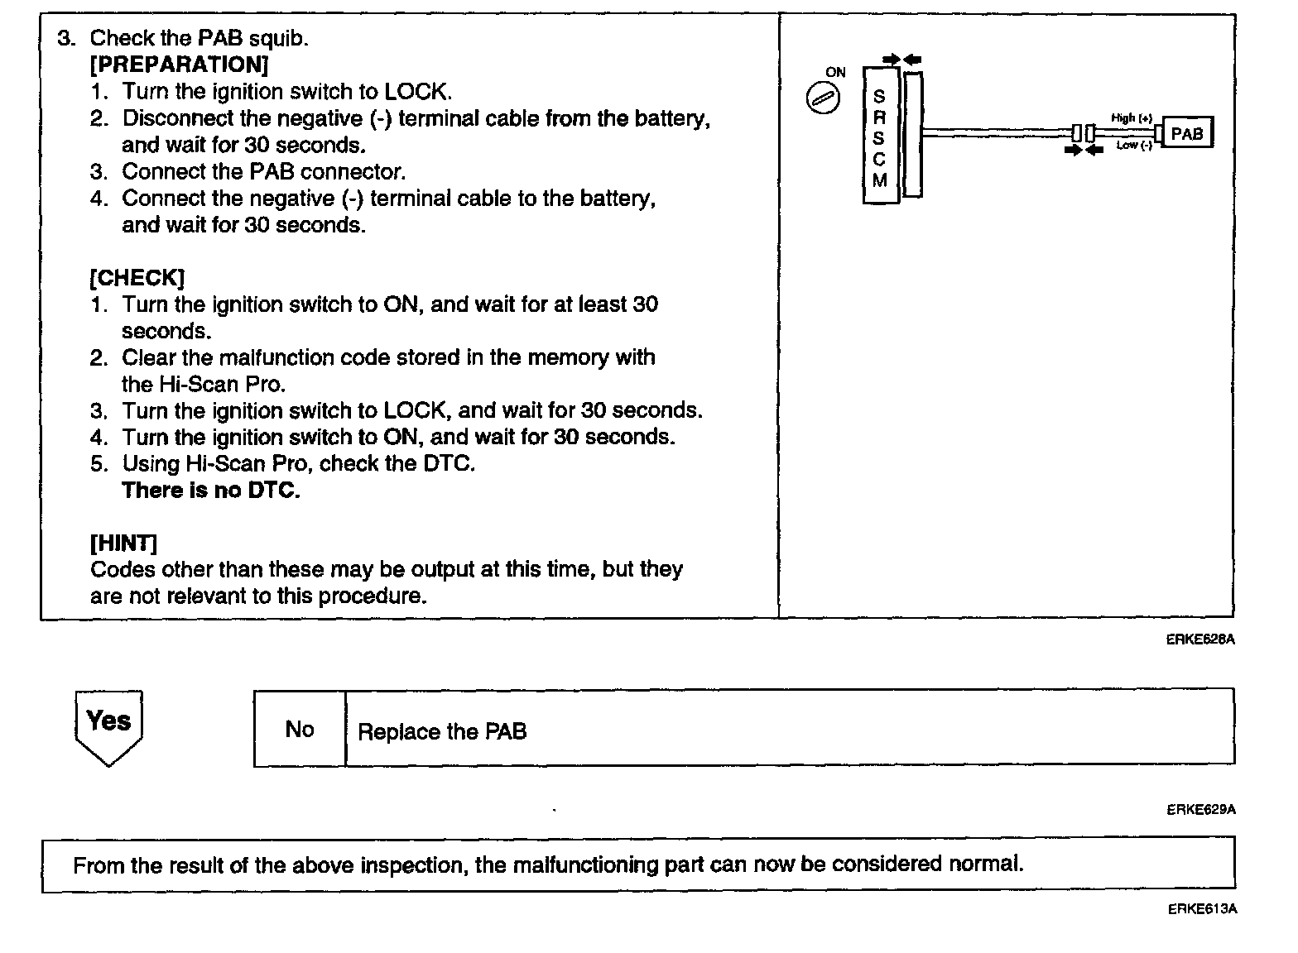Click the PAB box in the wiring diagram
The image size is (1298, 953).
(1187, 133)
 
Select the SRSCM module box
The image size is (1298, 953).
(879, 136)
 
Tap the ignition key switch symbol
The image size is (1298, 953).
(823, 99)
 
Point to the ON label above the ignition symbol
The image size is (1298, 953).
(836, 72)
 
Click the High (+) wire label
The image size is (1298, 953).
(1131, 118)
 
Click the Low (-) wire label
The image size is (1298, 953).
(1133, 146)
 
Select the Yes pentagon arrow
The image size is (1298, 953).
(108, 726)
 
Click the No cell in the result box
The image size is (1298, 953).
(299, 729)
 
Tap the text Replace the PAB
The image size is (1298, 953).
(442, 731)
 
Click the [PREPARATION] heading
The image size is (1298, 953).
(179, 65)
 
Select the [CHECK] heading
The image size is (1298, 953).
(137, 277)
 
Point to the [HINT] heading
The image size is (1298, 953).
(123, 543)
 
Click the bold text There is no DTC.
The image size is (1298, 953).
(211, 490)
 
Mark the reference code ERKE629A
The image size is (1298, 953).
(1200, 810)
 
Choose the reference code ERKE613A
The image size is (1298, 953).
(1202, 909)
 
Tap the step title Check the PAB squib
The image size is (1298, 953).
(199, 38)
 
